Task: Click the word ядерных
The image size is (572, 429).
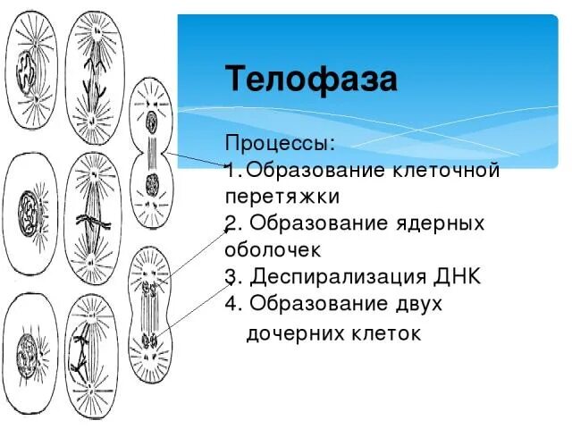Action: (x=440, y=223)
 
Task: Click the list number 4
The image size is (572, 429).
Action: (x=231, y=304)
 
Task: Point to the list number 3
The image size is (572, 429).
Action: (x=231, y=276)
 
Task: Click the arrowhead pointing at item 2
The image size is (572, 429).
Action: (x=227, y=231)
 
